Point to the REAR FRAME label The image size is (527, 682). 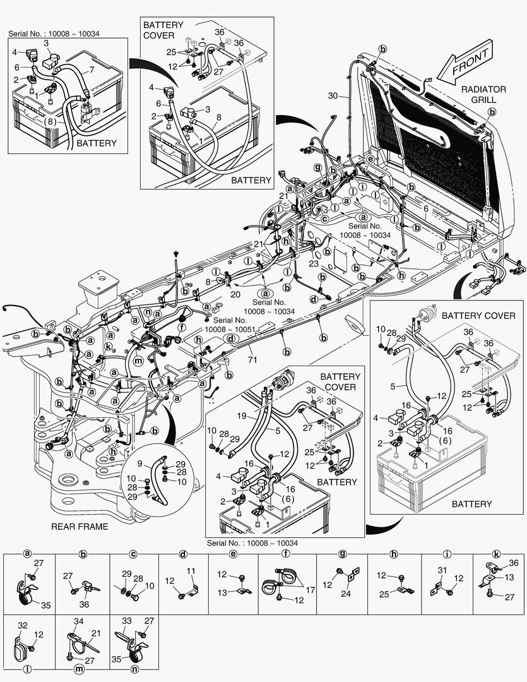click(x=80, y=526)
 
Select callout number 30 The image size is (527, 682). click(x=334, y=97)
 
